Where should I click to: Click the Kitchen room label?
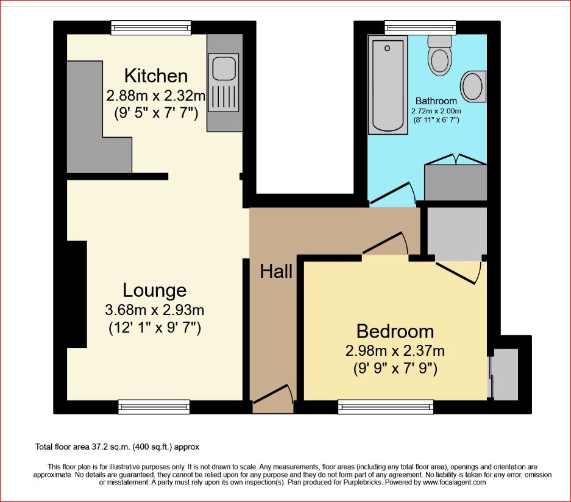[x=156, y=76]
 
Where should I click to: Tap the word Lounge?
[x=154, y=290]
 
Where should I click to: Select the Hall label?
[x=276, y=271]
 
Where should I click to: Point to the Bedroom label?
[x=395, y=331]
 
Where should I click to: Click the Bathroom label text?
[x=436, y=101]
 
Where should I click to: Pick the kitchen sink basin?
[x=224, y=68]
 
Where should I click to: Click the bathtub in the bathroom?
[x=388, y=85]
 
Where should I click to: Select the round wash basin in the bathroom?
[x=473, y=87]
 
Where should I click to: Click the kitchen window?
[x=151, y=27]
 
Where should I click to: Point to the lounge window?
[x=154, y=407]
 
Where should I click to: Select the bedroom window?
[x=386, y=407]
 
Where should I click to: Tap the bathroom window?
[x=420, y=27]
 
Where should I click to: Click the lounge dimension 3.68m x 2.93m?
[x=154, y=310]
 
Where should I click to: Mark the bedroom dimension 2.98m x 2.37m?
[x=395, y=351]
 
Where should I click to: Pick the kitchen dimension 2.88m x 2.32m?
[x=156, y=96]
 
